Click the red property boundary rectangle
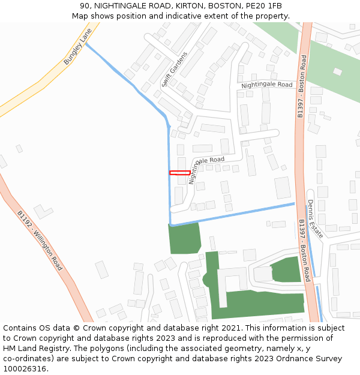tap(180, 173)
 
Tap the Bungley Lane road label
tap(78, 47)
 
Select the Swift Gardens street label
tap(174, 70)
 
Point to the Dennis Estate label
tap(315, 219)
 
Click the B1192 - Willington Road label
tap(40, 240)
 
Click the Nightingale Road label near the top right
tap(266, 85)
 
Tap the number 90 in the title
tap(85, 6)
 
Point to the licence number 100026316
tap(25, 368)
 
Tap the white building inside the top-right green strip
tap(337, 72)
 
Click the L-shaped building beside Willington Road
tap(43, 211)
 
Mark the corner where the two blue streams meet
tap(171, 225)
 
